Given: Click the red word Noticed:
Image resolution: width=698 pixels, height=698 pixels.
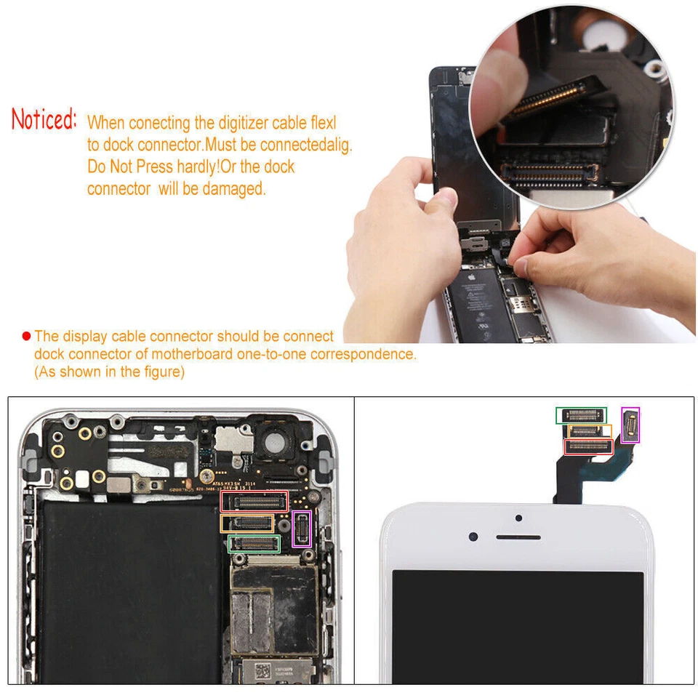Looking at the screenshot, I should (44, 120).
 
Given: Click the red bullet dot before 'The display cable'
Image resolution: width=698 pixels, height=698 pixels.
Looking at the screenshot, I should (27, 336).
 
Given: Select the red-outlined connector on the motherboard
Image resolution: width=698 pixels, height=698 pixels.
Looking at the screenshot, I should (254, 501).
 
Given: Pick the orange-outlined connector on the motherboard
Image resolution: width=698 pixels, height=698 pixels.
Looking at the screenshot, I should (247, 523).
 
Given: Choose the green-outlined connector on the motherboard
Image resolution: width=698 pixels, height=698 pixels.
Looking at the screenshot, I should (254, 543).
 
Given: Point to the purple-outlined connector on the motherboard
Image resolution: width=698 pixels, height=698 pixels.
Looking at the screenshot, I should (301, 529).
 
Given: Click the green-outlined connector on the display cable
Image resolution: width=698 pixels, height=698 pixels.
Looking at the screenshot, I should (581, 415).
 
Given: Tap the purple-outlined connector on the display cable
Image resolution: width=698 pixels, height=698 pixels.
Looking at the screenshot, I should (630, 425).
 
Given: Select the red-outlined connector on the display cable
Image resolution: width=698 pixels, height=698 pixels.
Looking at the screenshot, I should (588, 446).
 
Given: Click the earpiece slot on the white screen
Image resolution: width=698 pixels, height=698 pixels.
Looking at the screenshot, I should (518, 537).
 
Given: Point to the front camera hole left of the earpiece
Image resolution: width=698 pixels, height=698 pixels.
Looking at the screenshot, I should (473, 537).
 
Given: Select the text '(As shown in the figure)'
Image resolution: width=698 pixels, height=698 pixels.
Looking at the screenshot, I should (109, 372).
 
